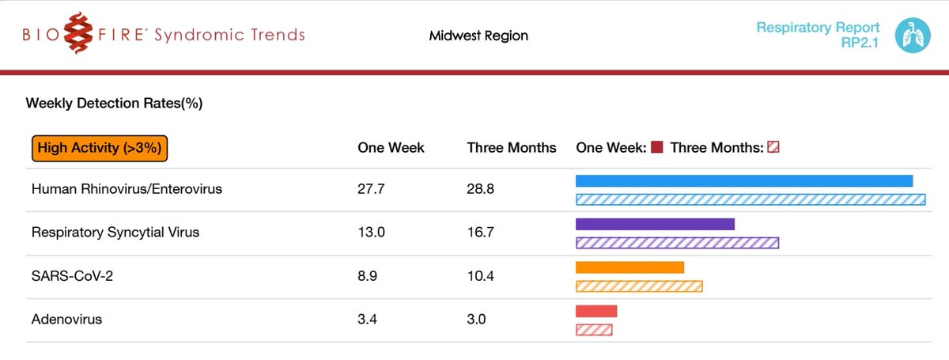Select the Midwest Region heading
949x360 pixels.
(x=478, y=36)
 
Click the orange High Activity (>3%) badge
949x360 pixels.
(x=100, y=148)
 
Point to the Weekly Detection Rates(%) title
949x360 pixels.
(x=114, y=104)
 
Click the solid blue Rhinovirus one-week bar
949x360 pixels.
(x=744, y=181)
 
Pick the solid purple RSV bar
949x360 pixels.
(x=655, y=225)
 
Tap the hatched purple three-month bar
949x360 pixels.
(x=677, y=243)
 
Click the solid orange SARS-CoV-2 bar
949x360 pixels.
(x=630, y=267)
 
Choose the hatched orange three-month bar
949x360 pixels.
(x=639, y=286)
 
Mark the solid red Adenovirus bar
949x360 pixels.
(x=596, y=311)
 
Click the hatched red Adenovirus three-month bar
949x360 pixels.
(x=594, y=329)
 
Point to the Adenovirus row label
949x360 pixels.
(x=66, y=320)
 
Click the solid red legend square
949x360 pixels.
(x=656, y=148)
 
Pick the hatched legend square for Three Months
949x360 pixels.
(x=773, y=148)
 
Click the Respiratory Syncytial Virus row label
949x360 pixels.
(x=115, y=233)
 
